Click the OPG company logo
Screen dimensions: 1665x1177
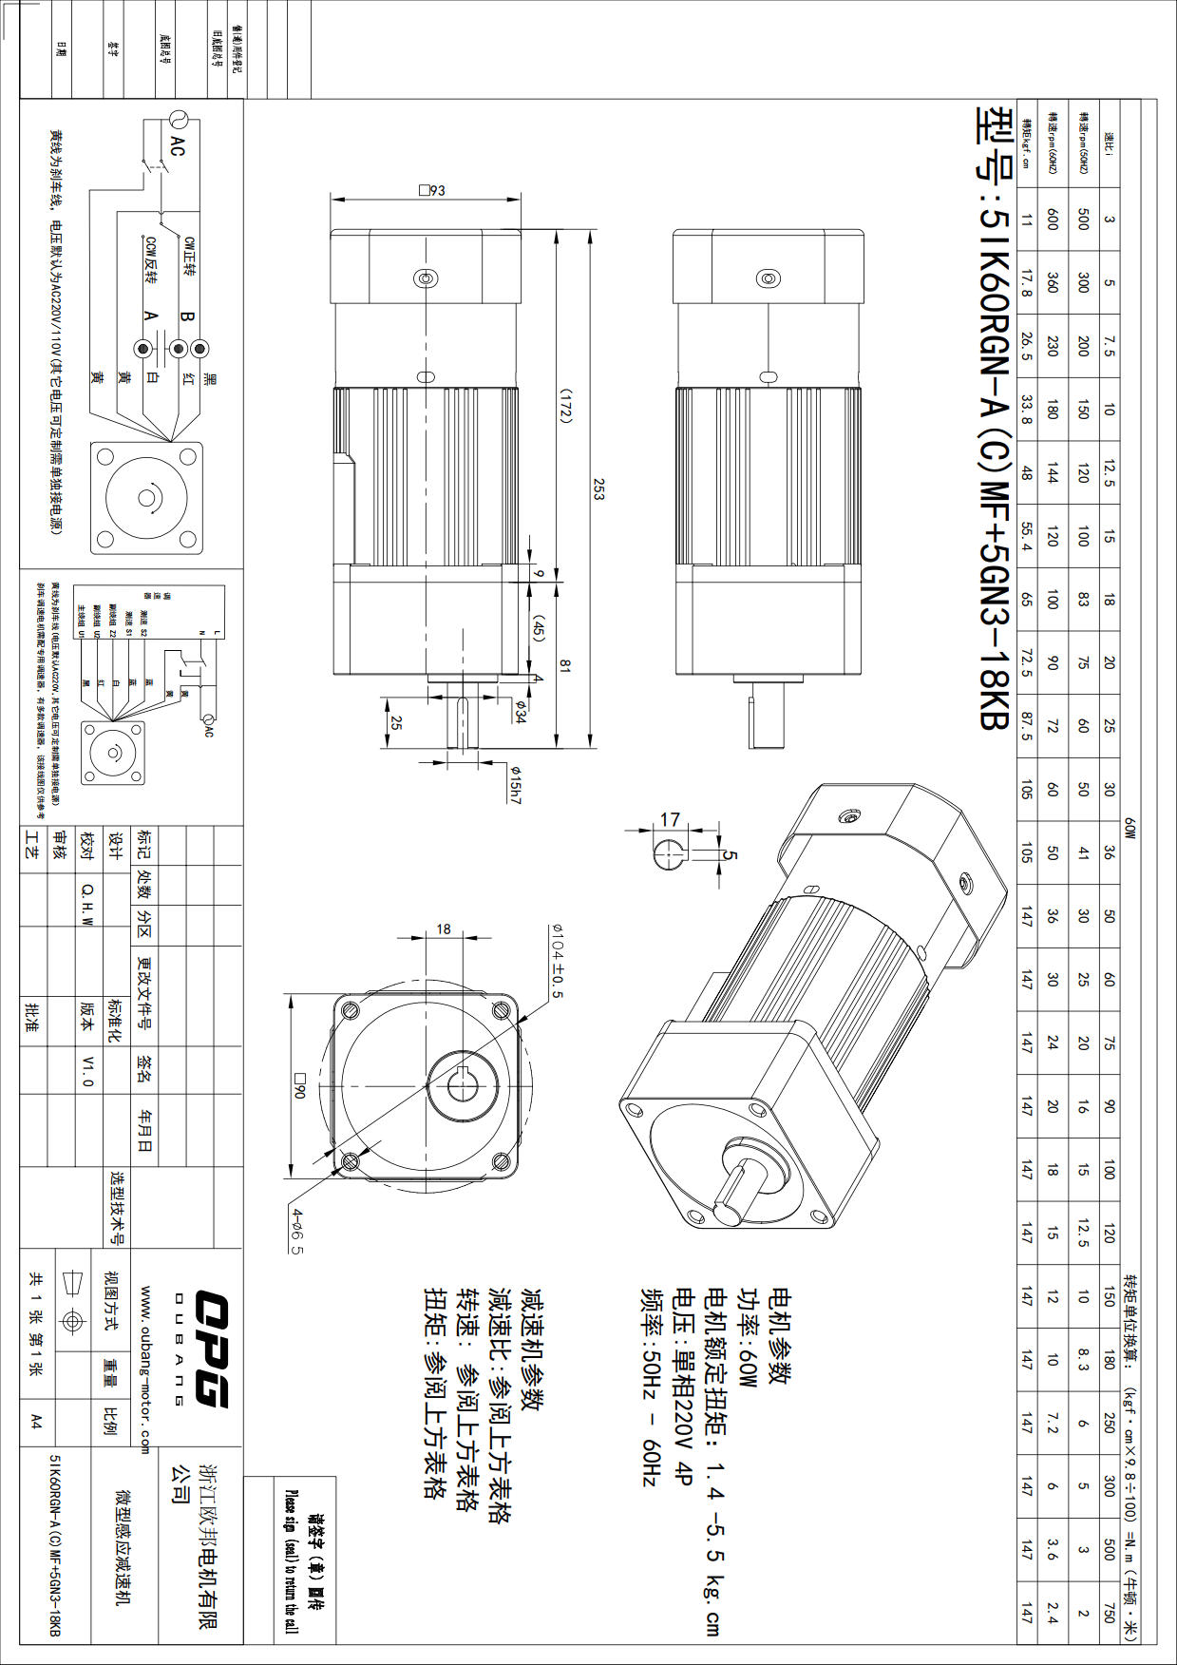(x=211, y=1349)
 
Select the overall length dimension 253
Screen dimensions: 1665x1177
(x=598, y=488)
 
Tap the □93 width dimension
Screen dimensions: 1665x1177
(x=432, y=190)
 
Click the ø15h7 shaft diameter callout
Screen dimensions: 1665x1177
(x=514, y=784)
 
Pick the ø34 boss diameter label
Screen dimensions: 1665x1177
(x=520, y=711)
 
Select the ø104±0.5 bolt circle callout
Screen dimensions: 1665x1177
(x=557, y=961)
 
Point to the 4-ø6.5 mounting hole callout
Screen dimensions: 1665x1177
(x=297, y=1231)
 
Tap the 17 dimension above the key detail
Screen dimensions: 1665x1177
(x=670, y=819)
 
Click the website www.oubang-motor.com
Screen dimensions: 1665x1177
(x=144, y=1369)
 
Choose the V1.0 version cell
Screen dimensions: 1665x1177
(x=88, y=1069)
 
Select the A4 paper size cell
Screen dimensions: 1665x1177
(x=36, y=1421)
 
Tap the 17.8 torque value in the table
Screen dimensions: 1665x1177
(x=1026, y=283)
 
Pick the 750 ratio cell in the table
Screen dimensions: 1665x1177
(x=1109, y=1612)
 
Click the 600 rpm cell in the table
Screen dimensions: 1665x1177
(x=1052, y=220)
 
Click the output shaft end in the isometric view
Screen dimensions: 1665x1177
(x=730, y=1213)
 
